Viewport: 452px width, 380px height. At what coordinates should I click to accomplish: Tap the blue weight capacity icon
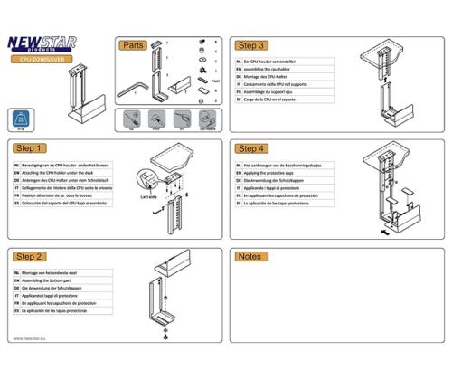click(x=20, y=119)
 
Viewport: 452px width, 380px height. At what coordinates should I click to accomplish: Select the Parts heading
click(x=134, y=44)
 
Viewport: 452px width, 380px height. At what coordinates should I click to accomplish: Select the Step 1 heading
click(x=31, y=148)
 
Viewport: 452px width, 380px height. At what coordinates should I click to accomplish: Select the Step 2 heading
click(x=31, y=257)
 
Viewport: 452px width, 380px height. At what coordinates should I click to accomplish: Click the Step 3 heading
click(x=251, y=44)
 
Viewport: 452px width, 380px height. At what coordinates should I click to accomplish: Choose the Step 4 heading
click(x=251, y=148)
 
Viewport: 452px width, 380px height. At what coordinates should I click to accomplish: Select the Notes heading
click(x=250, y=257)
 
